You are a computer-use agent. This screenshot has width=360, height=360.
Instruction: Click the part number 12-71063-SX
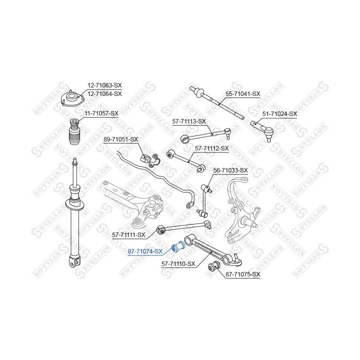click(x=104, y=85)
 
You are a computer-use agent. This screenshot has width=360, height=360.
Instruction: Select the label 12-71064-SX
click(x=104, y=94)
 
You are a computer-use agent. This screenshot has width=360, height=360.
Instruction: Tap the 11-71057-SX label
click(x=101, y=113)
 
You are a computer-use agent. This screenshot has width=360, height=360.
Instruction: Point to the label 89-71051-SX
click(x=121, y=139)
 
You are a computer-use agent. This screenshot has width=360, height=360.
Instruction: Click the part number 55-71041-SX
click(x=242, y=94)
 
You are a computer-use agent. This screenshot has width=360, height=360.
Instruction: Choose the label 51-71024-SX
click(x=279, y=114)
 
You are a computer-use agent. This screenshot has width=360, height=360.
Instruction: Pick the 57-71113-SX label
click(x=189, y=121)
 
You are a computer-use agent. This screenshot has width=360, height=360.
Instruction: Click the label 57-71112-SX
click(x=211, y=148)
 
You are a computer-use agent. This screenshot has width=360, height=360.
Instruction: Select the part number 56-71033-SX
click(x=230, y=170)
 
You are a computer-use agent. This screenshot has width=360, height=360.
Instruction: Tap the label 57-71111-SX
click(x=128, y=235)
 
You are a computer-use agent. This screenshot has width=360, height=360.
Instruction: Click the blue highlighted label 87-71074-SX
click(x=145, y=251)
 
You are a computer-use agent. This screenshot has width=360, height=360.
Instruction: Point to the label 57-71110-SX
click(x=178, y=264)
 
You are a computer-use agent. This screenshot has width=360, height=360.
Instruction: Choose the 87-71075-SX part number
click(x=243, y=274)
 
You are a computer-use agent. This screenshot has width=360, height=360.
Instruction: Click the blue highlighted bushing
click(x=178, y=246)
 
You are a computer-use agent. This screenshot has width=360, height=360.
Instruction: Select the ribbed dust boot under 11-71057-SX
click(x=74, y=131)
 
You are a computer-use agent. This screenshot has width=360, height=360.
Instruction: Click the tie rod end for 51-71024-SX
click(x=262, y=129)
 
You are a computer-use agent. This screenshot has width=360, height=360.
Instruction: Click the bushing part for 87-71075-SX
click(x=214, y=266)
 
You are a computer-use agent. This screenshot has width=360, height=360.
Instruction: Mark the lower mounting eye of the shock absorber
click(x=74, y=261)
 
